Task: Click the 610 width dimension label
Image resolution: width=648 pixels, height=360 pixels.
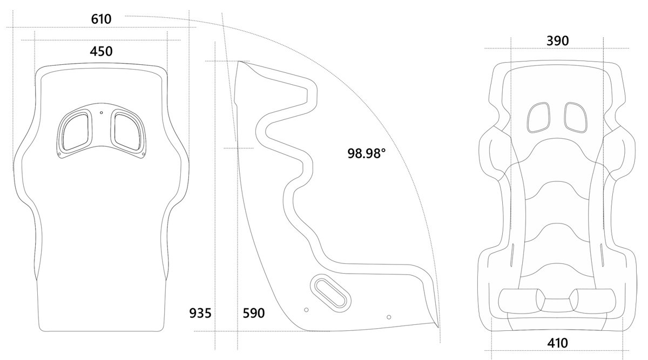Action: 101,19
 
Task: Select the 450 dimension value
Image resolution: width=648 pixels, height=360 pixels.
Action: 101,51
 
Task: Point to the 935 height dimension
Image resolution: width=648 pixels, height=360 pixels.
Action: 199,313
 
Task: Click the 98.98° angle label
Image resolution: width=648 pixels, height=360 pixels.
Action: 367,153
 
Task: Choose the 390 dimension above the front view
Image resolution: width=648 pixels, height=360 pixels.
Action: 557,40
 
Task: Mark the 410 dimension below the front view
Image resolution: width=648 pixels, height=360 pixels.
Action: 557,342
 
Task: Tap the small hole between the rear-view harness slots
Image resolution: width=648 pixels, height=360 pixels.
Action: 102,112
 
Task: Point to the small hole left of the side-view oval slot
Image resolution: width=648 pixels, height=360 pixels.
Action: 306,310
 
